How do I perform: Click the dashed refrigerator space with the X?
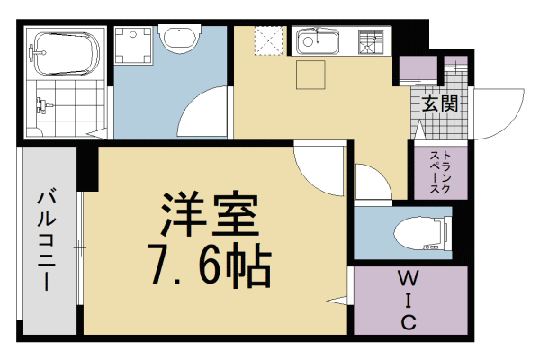point(266,41)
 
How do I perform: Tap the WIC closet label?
point(407,299)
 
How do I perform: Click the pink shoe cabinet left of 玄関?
point(415,68)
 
